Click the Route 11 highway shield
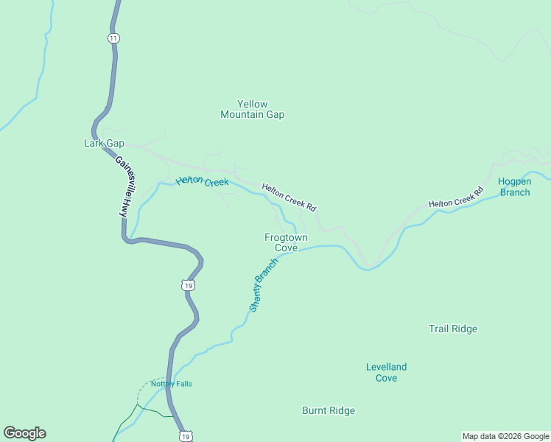[113, 38]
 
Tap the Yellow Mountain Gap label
[252, 109]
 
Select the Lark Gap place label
[104, 143]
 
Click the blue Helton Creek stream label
[202, 181]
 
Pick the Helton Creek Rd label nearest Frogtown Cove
[289, 197]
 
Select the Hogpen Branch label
[514, 186]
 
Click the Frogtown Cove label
[286, 242]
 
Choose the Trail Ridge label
[453, 329]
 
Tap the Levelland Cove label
[386, 372]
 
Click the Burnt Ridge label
[329, 410]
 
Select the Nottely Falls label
[171, 383]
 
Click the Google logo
[24, 433]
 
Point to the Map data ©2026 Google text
[505, 436]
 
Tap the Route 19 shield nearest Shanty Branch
[189, 285]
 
